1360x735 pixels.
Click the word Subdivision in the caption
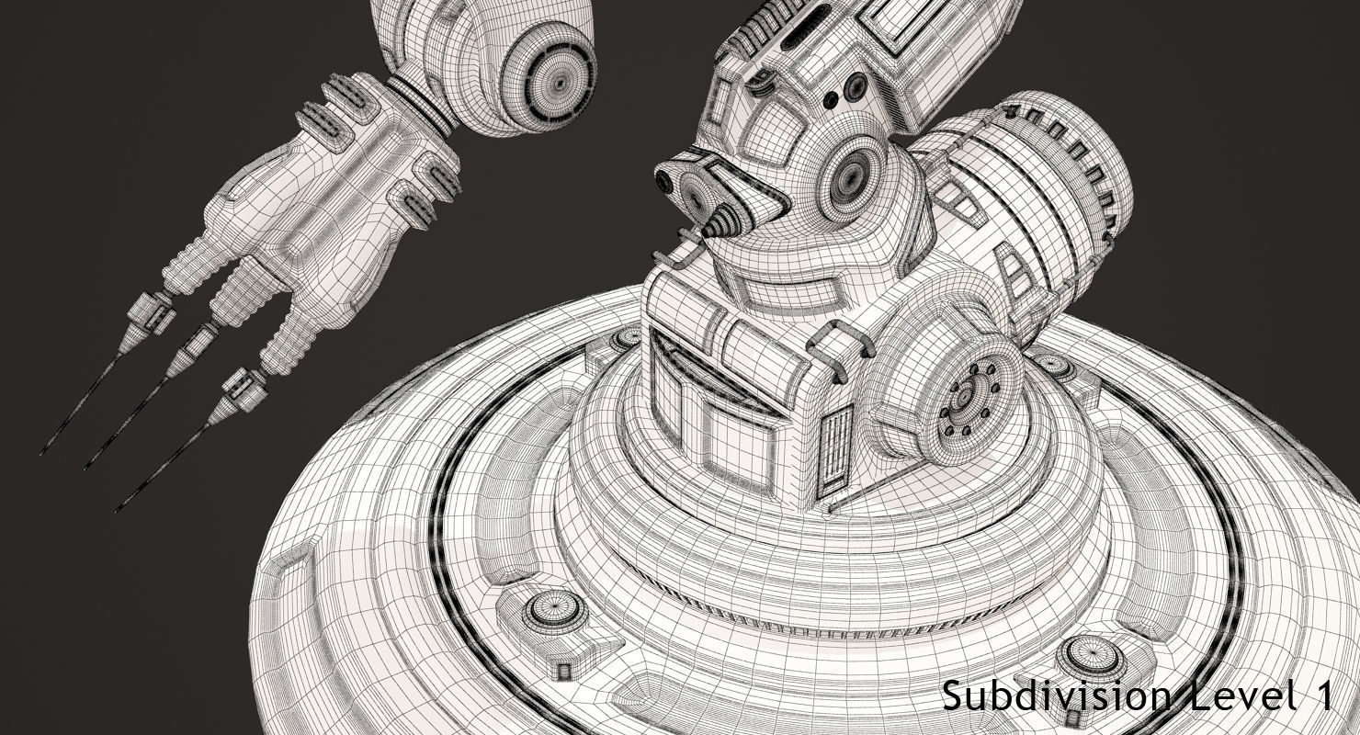click(1055, 695)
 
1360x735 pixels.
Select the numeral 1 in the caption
click(1324, 695)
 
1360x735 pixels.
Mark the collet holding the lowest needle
click(238, 390)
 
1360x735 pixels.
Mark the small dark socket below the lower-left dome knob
click(561, 664)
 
